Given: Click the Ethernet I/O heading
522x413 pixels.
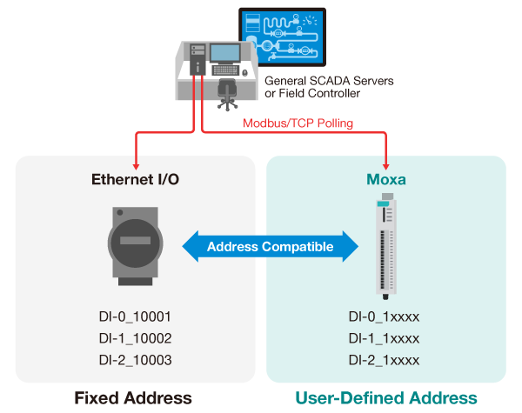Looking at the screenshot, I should click(x=137, y=180).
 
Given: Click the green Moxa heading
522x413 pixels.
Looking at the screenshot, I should click(x=385, y=180).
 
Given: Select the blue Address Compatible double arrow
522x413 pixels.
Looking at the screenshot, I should click(x=271, y=247).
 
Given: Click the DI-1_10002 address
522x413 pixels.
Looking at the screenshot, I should click(x=137, y=339).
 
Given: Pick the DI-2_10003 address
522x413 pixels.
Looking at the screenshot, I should click(x=137, y=360).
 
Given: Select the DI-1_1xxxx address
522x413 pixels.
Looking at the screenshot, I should click(x=385, y=339).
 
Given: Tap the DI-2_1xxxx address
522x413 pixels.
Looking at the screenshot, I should click(x=385, y=360).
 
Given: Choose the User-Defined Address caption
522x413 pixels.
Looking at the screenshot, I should click(x=385, y=398).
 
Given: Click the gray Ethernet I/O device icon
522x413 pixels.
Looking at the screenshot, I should click(x=137, y=245).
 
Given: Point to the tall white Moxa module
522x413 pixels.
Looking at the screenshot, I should click(x=385, y=245).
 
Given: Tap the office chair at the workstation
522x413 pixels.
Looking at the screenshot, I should click(x=228, y=92).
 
